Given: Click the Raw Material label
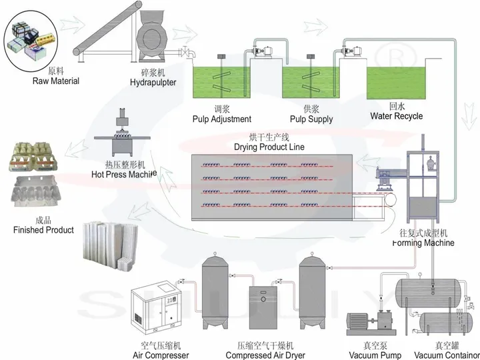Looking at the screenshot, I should pyautogui.click(x=56, y=81).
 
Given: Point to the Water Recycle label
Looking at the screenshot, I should pyautogui.click(x=397, y=116).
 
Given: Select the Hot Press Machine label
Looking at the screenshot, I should pyautogui.click(x=123, y=175).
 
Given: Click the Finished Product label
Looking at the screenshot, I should pyautogui.click(x=43, y=230).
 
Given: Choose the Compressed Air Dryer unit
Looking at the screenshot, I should pyautogui.click(x=266, y=309).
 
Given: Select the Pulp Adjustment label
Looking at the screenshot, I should pyautogui.click(x=222, y=119).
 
